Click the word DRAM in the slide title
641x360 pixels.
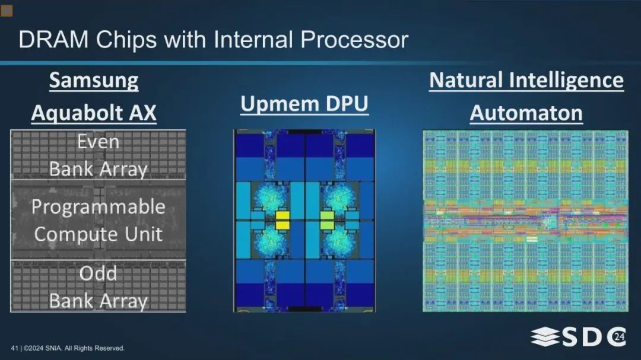pos(53,40)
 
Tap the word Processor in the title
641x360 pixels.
pos(354,40)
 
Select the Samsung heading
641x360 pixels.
pos(94,81)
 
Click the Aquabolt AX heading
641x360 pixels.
pos(94,113)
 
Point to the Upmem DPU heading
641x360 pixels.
pos(304,104)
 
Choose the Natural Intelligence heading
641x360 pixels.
pos(526,80)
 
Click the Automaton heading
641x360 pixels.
pos(526,113)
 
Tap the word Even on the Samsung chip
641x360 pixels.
pos(98,142)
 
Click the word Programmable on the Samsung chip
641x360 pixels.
pos(99,207)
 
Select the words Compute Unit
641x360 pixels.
pos(98,234)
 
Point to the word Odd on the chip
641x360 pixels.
pos(98,273)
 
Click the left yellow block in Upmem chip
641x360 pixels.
pos(283,220)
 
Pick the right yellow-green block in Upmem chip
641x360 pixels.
pos(326,220)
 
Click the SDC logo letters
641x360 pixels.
pos(594,337)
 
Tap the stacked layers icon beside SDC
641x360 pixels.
pos(545,337)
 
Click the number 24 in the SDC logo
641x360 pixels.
pos(619,337)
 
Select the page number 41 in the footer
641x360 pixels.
pos(14,348)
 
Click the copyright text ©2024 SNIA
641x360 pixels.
pos(43,348)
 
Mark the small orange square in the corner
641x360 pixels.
pos(7,10)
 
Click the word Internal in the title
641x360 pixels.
pos(253,40)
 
